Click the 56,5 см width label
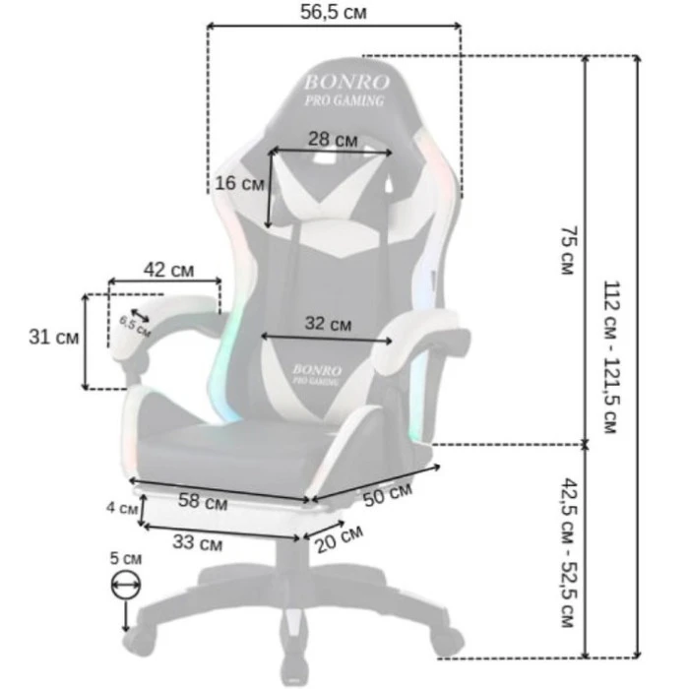[333, 12]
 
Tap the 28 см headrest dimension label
[333, 140]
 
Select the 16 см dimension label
[239, 183]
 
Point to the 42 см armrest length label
[168, 270]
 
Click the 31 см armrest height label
[54, 338]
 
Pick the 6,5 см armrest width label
[135, 327]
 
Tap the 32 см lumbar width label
[328, 324]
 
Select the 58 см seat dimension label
[203, 501]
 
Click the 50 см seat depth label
[388, 494]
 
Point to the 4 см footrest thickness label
[122, 508]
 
